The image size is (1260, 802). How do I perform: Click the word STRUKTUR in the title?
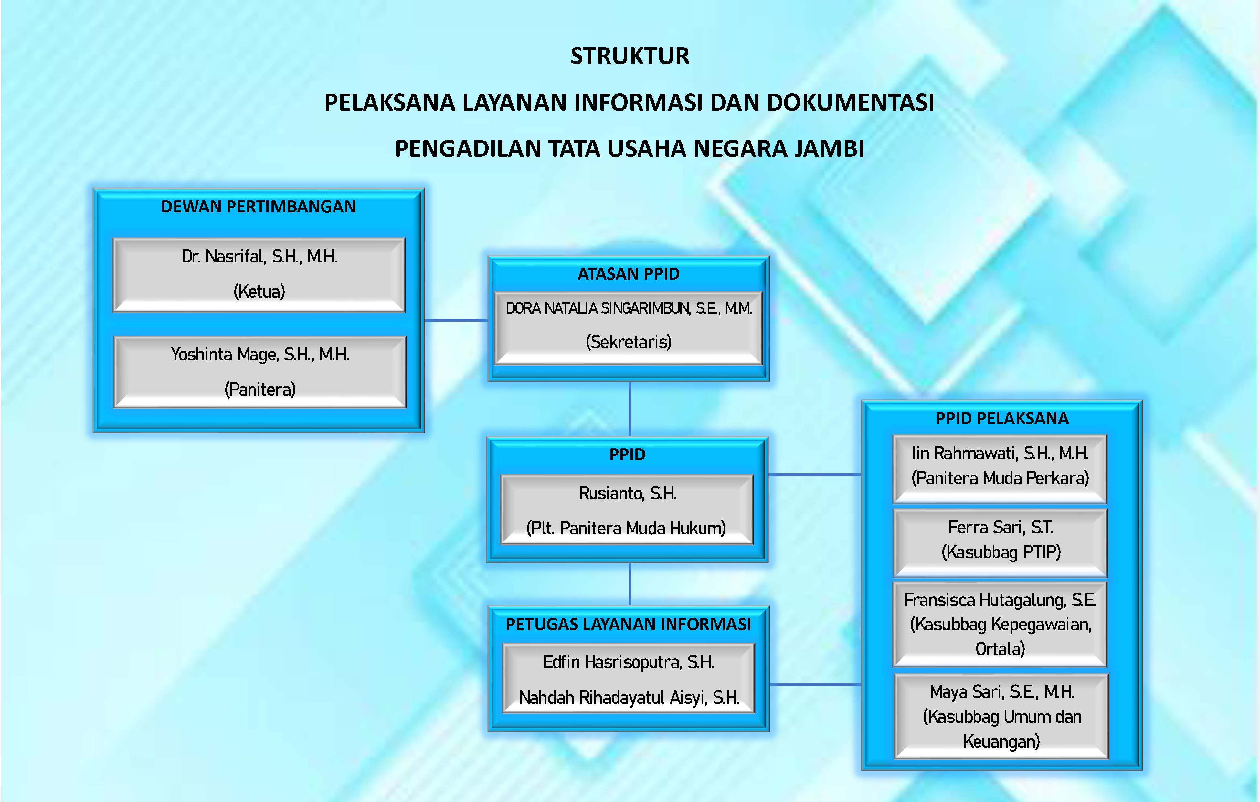point(630,56)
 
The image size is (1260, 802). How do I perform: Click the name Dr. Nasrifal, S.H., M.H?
point(259,257)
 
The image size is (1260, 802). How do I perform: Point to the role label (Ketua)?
point(259,291)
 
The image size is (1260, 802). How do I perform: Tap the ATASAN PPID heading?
point(629,274)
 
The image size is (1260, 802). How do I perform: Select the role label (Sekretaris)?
point(629,342)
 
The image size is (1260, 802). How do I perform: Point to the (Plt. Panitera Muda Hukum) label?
point(626,528)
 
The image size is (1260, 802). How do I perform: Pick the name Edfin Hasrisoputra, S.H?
point(629,662)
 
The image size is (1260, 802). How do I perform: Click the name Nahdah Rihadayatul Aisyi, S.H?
point(629,698)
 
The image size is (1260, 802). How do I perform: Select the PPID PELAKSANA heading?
point(1002,418)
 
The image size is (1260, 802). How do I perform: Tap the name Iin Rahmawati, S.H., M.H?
point(1000,453)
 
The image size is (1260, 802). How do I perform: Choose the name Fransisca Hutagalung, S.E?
point(1000,600)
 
